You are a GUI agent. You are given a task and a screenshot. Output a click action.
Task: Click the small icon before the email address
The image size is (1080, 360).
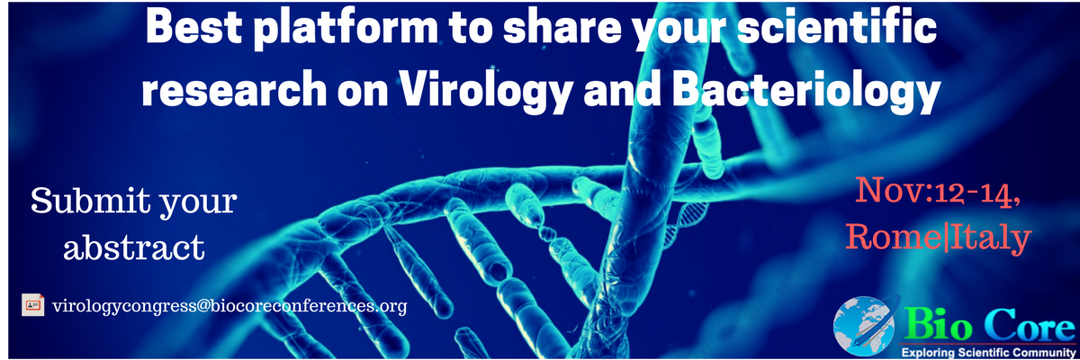[32, 305]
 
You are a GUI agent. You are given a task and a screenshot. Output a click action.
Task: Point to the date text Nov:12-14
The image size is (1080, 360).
[936, 191]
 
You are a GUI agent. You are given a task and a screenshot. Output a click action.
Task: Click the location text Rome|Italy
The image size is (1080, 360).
[936, 236]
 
